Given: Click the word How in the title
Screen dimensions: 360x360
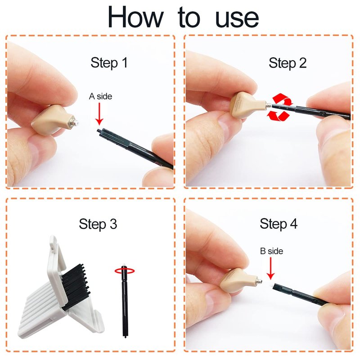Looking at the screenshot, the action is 135,17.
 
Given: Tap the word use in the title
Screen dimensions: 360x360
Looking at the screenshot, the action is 237,19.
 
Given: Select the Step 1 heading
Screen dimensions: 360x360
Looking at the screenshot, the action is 109,63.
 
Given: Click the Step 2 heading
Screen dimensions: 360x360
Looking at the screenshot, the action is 288,63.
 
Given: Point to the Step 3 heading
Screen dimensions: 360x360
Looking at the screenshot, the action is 98,224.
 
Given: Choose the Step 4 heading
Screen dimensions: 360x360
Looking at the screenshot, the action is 279,224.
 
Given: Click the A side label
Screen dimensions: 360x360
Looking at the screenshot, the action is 100,96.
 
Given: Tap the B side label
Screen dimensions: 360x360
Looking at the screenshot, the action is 272,251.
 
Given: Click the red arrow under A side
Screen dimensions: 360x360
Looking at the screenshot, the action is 99,114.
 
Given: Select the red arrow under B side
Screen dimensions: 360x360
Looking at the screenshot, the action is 271,268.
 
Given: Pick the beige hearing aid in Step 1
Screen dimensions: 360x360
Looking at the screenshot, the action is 54,120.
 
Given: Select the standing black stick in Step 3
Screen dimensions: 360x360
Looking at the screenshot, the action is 125,301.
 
